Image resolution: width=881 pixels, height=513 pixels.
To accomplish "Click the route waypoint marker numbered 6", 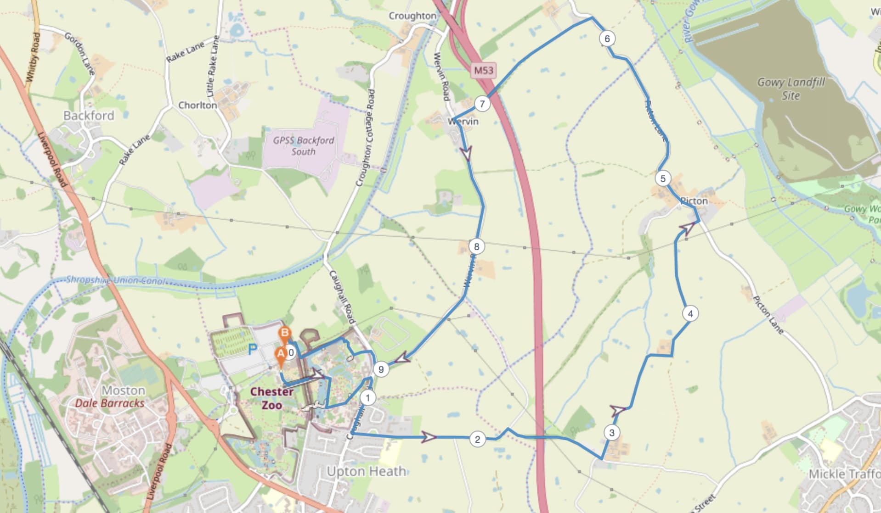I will click(x=607, y=39).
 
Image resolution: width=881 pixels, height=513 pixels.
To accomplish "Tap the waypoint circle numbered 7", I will click(x=482, y=104).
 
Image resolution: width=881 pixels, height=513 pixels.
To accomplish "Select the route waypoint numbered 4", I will click(x=690, y=313).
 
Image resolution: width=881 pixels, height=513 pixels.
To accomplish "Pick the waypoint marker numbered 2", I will click(x=477, y=440).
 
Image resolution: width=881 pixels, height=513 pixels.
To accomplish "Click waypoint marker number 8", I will click(x=476, y=246).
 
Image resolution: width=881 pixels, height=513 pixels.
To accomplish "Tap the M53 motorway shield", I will click(x=483, y=70).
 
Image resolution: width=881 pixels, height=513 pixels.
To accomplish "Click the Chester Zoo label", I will click(x=271, y=398).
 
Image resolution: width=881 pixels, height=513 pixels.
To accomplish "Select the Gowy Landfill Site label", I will click(x=791, y=89).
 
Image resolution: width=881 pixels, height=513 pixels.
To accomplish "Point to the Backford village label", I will click(x=89, y=115).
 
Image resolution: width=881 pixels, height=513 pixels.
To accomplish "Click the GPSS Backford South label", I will click(x=303, y=145).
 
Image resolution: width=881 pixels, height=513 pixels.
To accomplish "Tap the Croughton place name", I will click(x=412, y=16).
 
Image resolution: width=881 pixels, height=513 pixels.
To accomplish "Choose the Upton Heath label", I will click(x=366, y=471).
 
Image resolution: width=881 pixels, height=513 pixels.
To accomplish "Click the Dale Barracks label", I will click(x=109, y=403).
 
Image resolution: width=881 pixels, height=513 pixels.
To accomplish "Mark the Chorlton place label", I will click(x=198, y=105).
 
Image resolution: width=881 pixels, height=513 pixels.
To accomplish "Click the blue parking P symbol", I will click(x=252, y=350).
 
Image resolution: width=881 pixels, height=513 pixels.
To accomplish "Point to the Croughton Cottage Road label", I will click(x=365, y=138).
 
